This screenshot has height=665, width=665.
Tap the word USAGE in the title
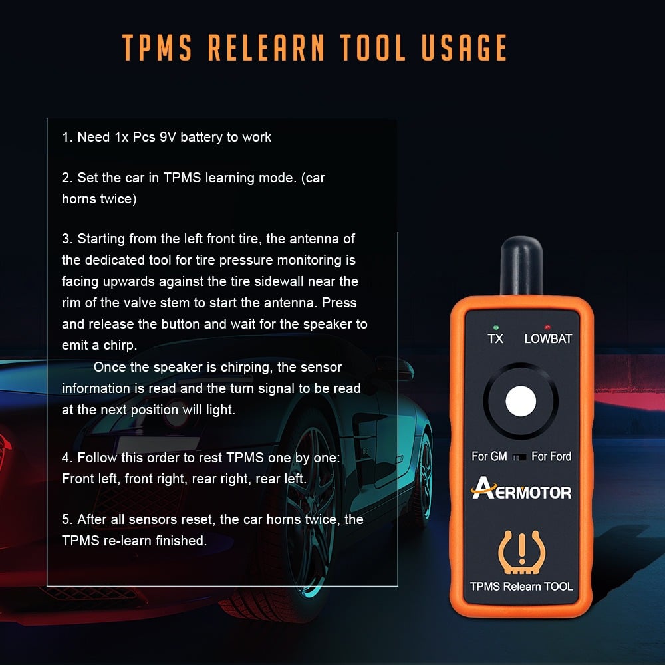pyautogui.click(x=464, y=47)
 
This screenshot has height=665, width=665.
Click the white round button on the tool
pyautogui.click(x=521, y=401)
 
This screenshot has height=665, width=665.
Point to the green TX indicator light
pyautogui.click(x=496, y=327)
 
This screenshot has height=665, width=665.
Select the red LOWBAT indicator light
pyautogui.click(x=547, y=327)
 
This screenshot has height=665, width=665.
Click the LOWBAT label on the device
pyautogui.click(x=548, y=339)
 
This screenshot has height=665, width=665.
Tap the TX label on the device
pyautogui.click(x=495, y=339)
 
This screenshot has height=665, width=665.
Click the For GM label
pyautogui.click(x=489, y=456)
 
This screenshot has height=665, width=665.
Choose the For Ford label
pyautogui.click(x=551, y=456)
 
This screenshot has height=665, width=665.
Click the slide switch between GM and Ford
pyautogui.click(x=519, y=457)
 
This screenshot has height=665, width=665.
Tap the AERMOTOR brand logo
pyautogui.click(x=521, y=489)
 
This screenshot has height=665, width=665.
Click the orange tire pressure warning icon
pyautogui.click(x=521, y=552)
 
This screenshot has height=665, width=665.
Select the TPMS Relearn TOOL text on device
pyautogui.click(x=521, y=586)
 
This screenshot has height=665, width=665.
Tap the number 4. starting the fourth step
pyautogui.click(x=67, y=458)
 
